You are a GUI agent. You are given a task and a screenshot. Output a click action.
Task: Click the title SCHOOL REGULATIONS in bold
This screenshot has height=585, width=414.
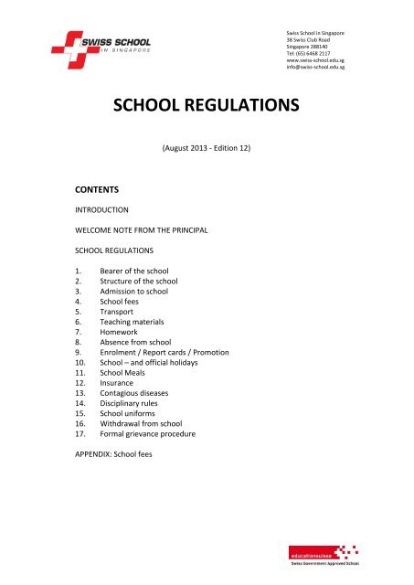coord(207,108)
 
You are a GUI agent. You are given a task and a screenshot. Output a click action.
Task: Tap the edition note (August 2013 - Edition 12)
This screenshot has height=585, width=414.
coord(207,146)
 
